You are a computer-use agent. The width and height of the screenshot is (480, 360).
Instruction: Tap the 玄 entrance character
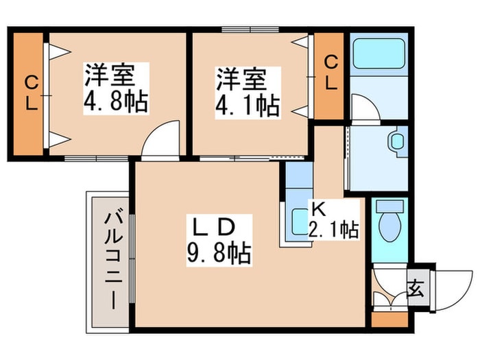click(x=416, y=287)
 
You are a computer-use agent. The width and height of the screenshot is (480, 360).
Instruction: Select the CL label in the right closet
click(x=331, y=73)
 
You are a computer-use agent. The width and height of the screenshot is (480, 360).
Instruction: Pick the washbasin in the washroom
click(x=397, y=142)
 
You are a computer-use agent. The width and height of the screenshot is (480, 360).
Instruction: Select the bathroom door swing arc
click(x=365, y=107)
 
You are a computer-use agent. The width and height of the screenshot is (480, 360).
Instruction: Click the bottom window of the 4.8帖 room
click(x=96, y=158)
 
